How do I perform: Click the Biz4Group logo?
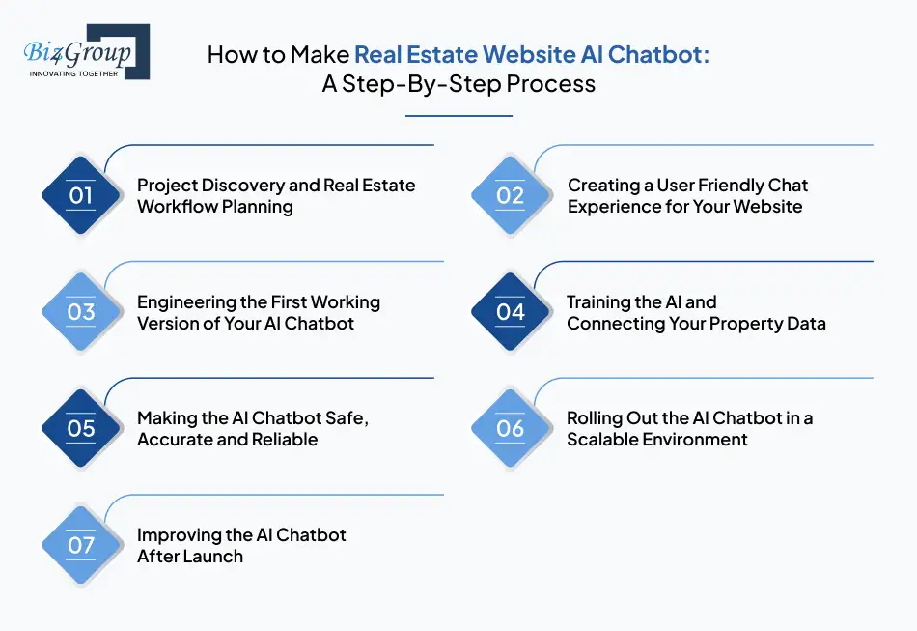tap(85, 51)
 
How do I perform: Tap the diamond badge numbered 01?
tap(81, 195)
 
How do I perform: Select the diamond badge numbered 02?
tap(511, 195)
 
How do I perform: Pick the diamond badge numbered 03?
tap(81, 312)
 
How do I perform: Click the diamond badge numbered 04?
tap(511, 312)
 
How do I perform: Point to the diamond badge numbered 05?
tap(81, 428)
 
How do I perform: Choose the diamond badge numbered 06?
tap(511, 428)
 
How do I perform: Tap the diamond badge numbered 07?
tap(81, 545)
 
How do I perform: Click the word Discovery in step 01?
tap(245, 185)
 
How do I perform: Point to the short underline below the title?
tap(458, 116)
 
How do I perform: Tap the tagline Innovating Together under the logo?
tap(73, 73)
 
